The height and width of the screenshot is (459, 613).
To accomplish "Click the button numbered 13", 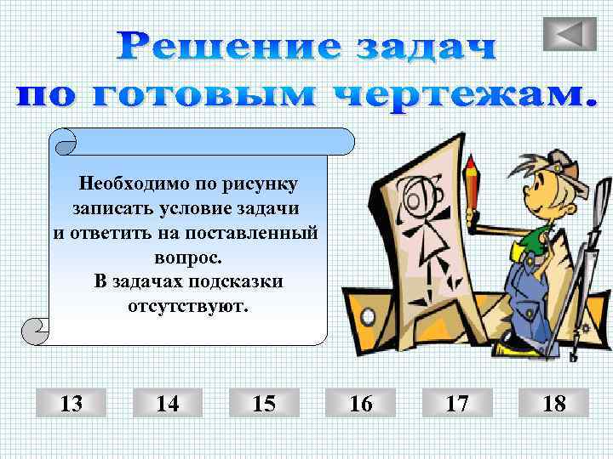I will coord(72,403).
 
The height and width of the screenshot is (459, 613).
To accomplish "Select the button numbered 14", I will coord(168,403).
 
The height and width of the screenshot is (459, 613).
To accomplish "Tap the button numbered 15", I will coord(264,403).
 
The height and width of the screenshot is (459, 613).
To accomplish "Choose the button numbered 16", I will coord(360,403).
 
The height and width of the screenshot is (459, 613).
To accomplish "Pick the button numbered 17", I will coord(457,403).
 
